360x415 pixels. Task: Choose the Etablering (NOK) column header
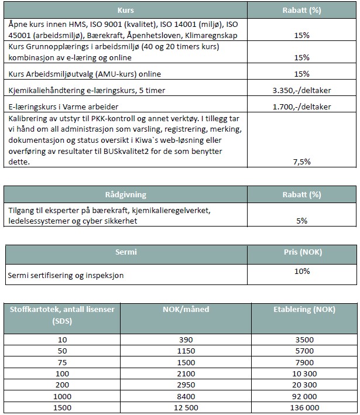pyautogui.click(x=304, y=309)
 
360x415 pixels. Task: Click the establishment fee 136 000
pyautogui.click(x=304, y=407)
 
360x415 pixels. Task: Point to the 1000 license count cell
pyautogui.click(x=63, y=396)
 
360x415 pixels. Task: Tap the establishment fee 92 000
pyautogui.click(x=304, y=396)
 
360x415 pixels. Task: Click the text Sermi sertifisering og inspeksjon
pyautogui.click(x=66, y=275)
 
